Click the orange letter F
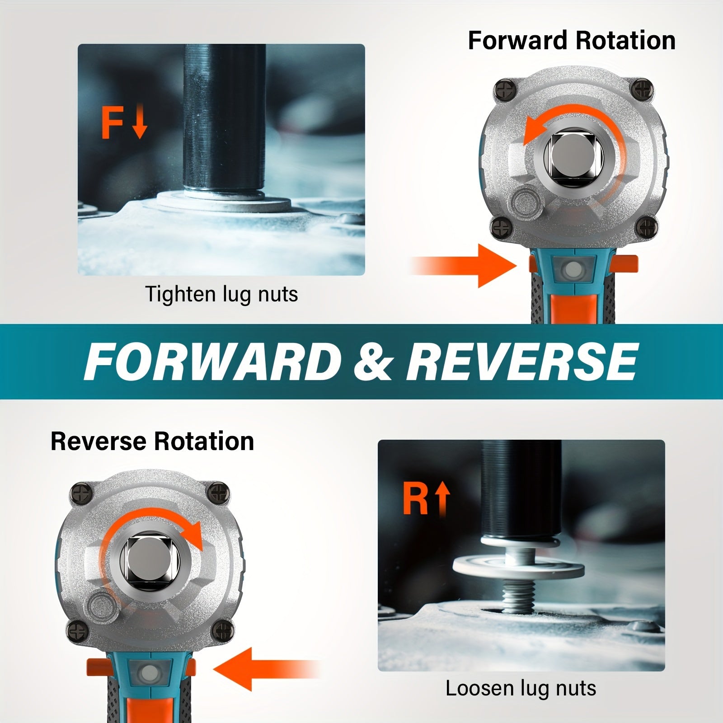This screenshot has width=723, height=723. [112, 122]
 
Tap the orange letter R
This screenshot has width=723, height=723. [415, 499]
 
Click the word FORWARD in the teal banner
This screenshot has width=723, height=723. [212, 362]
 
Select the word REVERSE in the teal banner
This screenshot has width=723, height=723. [522, 362]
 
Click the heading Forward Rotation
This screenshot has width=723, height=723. [572, 41]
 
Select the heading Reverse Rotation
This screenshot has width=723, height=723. [152, 441]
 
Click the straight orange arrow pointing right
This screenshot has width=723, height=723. [465, 266]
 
